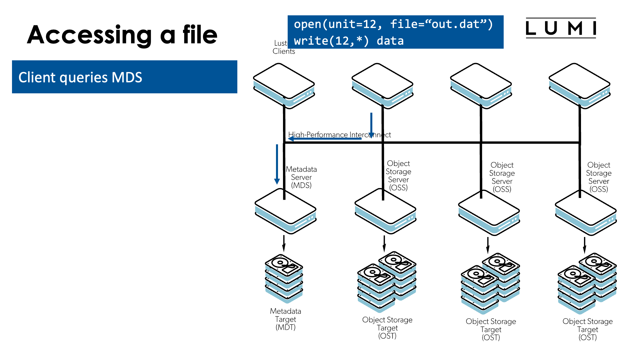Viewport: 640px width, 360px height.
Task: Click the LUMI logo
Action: point(561,28)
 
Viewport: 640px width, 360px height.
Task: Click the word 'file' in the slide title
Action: point(200,35)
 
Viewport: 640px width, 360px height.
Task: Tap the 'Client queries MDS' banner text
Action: point(80,77)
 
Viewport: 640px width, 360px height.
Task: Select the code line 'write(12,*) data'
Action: point(349,41)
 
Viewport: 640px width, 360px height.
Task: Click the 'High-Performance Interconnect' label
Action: point(339,135)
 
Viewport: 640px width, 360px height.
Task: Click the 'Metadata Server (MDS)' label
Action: point(301,177)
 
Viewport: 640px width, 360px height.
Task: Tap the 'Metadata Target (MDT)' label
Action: point(286,319)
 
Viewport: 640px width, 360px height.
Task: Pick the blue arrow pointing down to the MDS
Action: point(277,164)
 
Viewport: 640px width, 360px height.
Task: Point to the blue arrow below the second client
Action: point(371,125)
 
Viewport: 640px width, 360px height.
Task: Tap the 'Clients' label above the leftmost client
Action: point(284,51)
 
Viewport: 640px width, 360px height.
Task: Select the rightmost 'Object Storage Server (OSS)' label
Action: point(599,177)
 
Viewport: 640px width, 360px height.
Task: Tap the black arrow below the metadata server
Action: point(284,243)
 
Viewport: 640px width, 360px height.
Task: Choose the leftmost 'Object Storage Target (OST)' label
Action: point(387,328)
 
